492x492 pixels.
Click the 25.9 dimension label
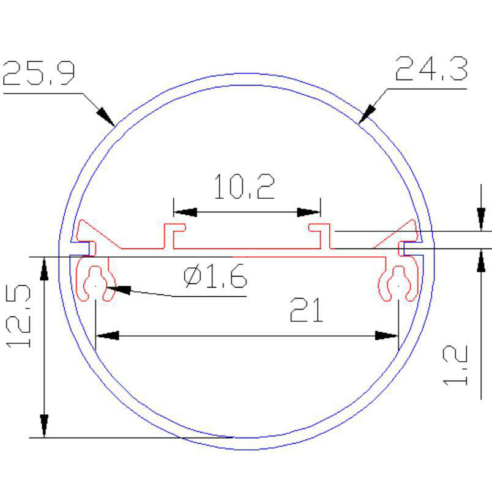(x=39, y=73)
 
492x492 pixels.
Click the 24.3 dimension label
(x=431, y=69)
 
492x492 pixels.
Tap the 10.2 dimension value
(x=244, y=187)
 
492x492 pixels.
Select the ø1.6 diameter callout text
(x=215, y=276)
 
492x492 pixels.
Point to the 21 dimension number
(x=307, y=310)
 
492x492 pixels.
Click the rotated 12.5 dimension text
(x=18, y=316)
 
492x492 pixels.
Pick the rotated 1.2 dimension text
(x=455, y=365)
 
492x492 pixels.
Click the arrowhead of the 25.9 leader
(x=106, y=117)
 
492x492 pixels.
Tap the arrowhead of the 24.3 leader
(x=367, y=114)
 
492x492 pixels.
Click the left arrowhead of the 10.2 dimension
(x=185, y=212)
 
